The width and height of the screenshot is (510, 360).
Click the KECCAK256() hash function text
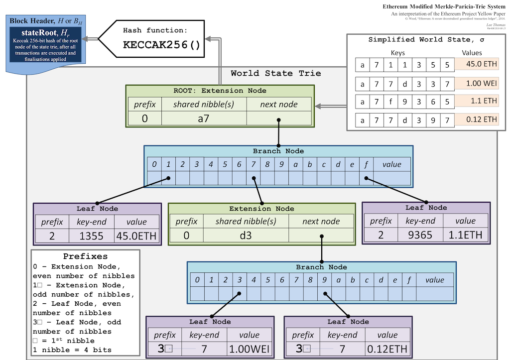[x=162, y=45]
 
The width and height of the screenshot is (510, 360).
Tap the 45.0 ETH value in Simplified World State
[x=476, y=64]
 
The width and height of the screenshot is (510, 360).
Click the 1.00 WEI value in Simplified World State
[x=476, y=83]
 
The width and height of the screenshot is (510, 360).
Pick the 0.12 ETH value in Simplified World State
[x=476, y=120]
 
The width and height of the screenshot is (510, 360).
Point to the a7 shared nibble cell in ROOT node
[x=204, y=119]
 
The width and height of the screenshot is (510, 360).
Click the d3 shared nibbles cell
[x=246, y=235]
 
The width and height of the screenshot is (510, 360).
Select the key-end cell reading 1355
[x=92, y=235]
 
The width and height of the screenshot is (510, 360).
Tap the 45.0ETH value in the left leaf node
[x=137, y=235]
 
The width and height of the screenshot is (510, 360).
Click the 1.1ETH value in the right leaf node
[x=466, y=235]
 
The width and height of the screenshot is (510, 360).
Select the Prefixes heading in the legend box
[x=86, y=256]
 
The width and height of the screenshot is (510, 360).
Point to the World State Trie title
[x=276, y=73]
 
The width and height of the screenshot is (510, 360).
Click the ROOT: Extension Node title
[x=220, y=91]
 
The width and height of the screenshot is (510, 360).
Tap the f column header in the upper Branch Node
[x=367, y=164]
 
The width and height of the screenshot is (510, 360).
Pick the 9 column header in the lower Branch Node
[x=324, y=280]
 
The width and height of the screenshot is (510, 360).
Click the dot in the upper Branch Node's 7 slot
[x=254, y=178]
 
